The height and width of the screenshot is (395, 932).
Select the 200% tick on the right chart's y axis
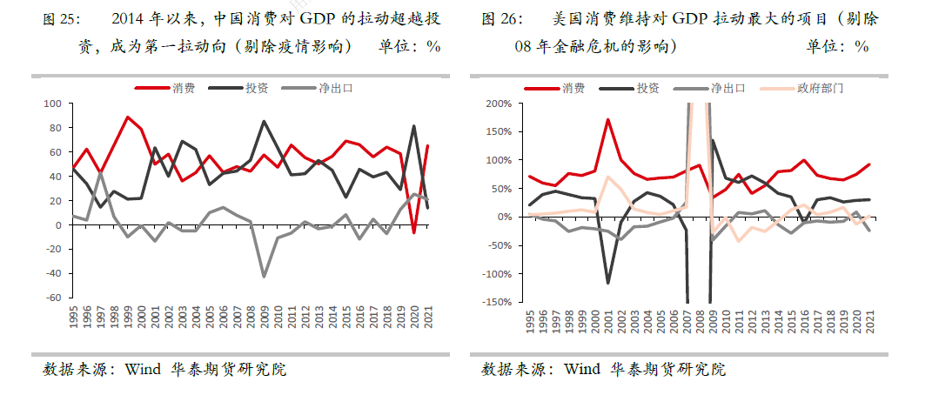[498, 104]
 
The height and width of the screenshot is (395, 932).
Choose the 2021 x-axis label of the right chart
[869, 323]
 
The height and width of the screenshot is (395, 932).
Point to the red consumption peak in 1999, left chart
[128, 117]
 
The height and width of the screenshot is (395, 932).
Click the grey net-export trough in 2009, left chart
[264, 277]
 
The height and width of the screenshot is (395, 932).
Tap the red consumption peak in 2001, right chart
[608, 119]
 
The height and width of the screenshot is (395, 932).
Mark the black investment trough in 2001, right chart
[608, 283]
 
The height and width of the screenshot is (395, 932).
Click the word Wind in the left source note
[143, 370]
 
